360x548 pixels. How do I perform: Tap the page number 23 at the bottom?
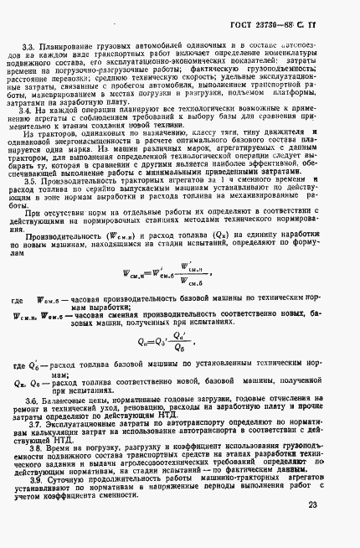point(333,505)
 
